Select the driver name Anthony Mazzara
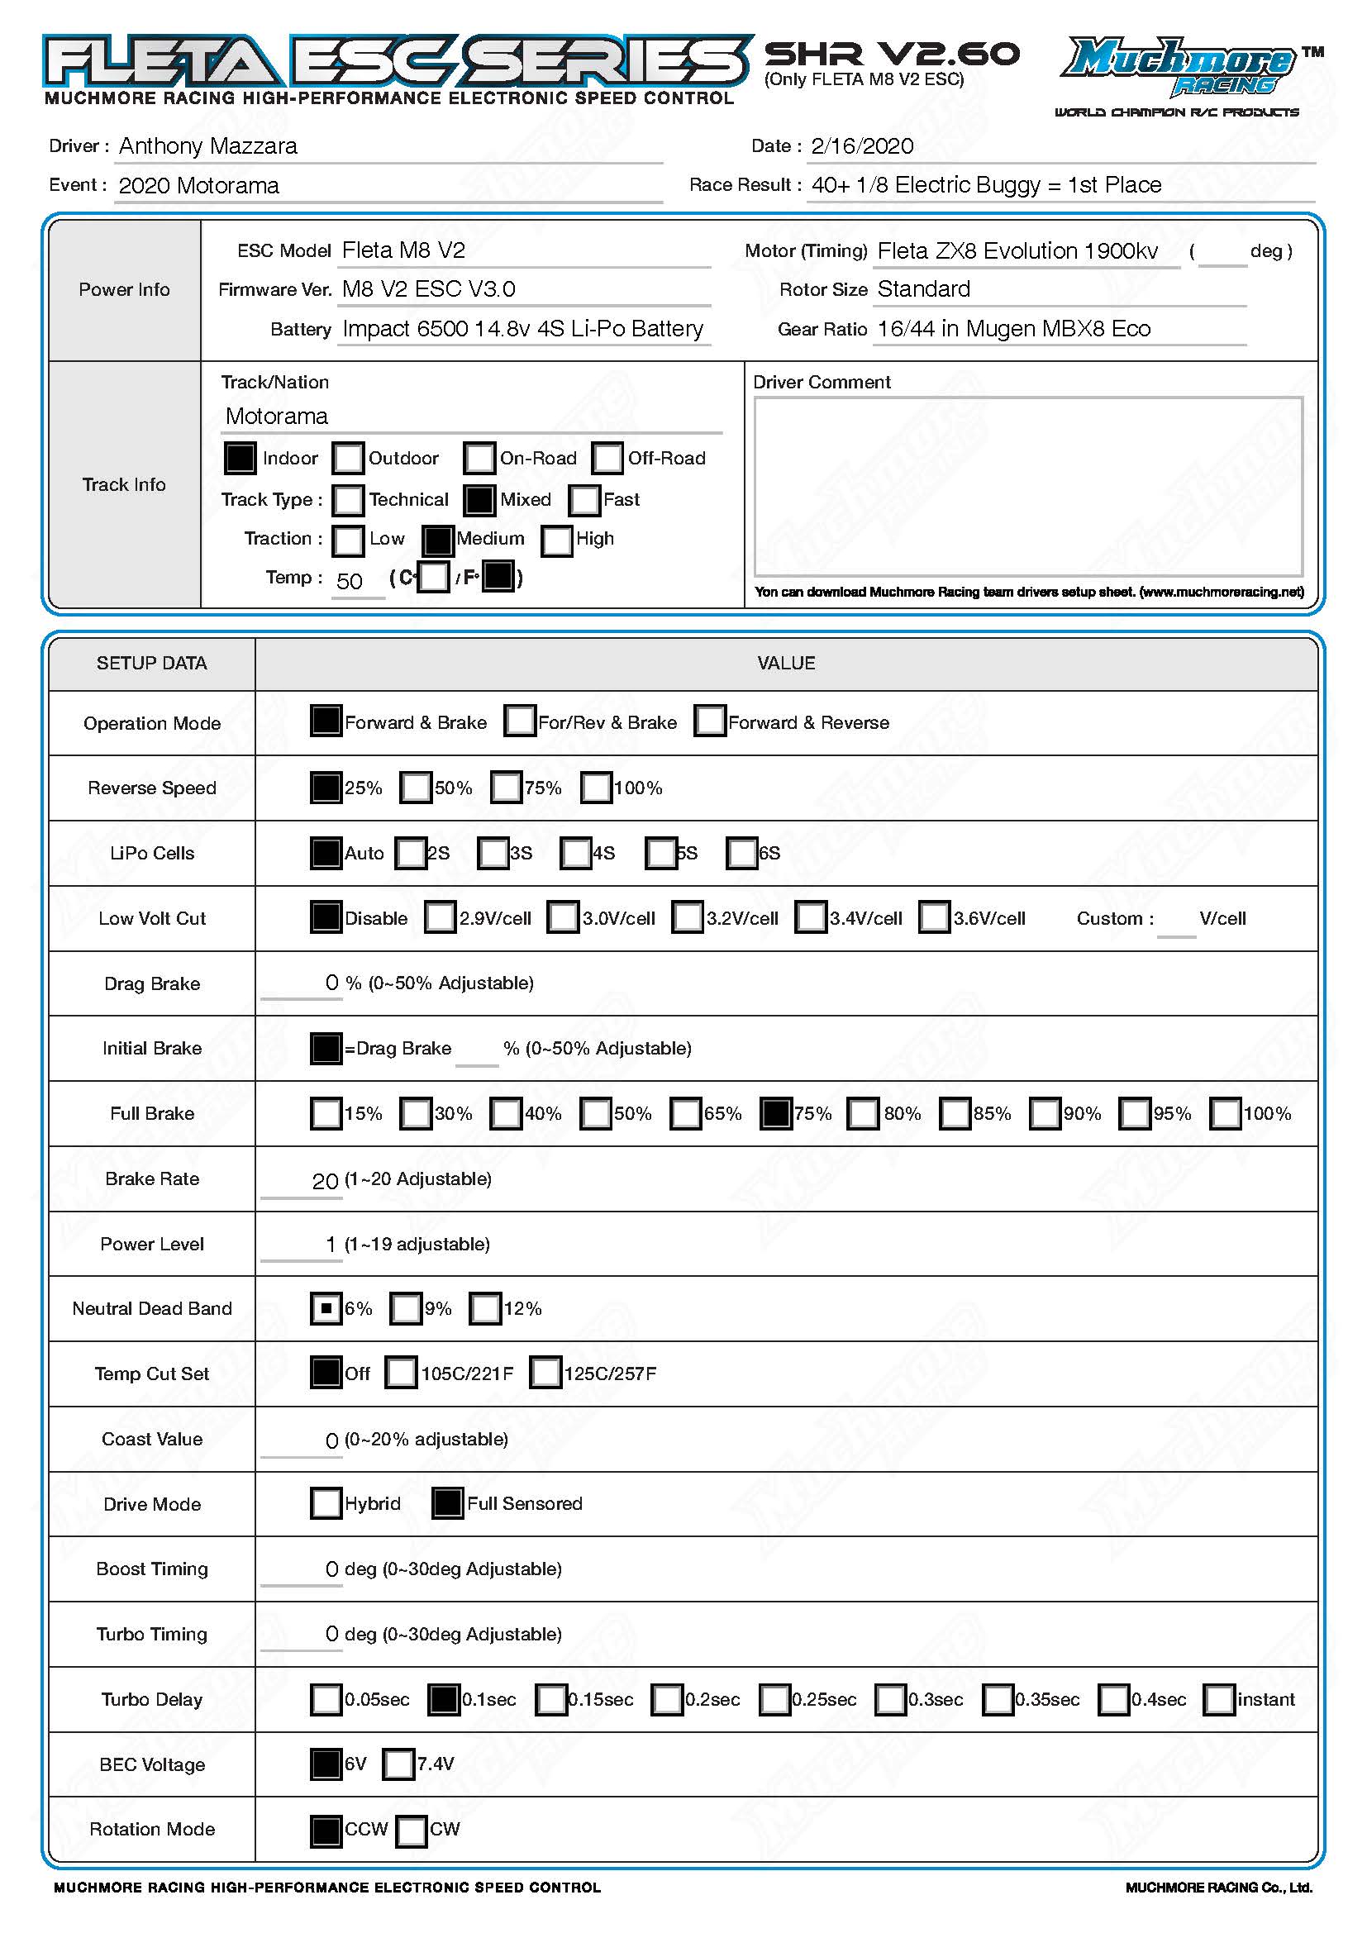point(208,146)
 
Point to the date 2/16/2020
point(862,146)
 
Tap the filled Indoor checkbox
point(240,458)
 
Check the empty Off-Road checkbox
point(607,458)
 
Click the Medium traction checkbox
point(438,540)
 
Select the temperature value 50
point(350,581)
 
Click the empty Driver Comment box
point(1028,486)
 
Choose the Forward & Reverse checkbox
point(710,721)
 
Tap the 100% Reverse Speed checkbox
point(596,788)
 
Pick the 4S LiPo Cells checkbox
point(576,853)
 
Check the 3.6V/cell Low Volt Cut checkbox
point(935,917)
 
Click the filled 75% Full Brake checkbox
point(775,1113)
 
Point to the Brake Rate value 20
point(325,1181)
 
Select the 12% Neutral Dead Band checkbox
point(486,1308)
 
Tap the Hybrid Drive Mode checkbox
point(326,1502)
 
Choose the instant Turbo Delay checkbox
point(1220,1699)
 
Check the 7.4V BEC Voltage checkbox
point(399,1764)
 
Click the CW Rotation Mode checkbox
point(412,1830)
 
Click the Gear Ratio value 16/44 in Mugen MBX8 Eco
point(1013,329)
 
